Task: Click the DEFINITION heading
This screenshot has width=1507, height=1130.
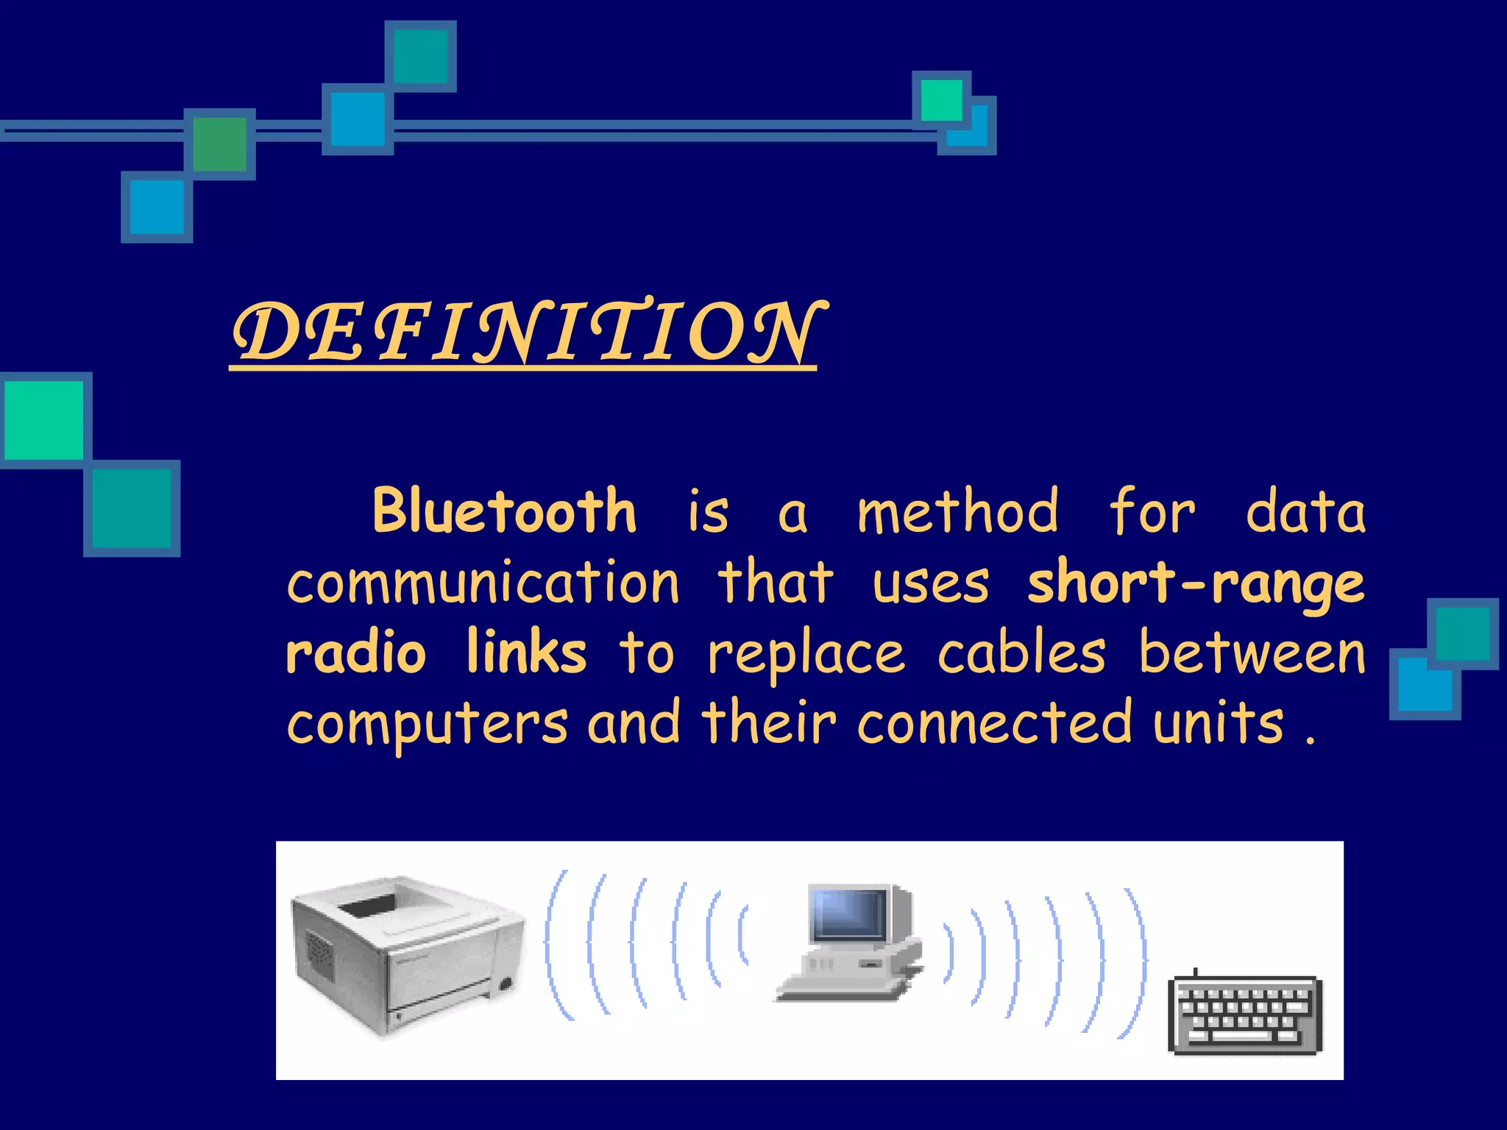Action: click(x=524, y=333)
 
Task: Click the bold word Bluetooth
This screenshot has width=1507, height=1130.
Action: click(x=504, y=511)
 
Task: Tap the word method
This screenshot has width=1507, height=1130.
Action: click(x=958, y=511)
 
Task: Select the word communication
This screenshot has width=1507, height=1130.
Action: click(x=483, y=582)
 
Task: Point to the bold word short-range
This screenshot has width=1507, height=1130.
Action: click(x=1196, y=582)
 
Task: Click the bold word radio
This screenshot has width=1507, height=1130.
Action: click(x=356, y=653)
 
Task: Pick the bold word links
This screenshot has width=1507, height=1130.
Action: click(x=526, y=653)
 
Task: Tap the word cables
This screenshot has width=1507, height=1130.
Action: click(x=1021, y=653)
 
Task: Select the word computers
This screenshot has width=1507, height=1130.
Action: click(x=428, y=722)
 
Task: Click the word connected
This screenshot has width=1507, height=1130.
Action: click(x=994, y=722)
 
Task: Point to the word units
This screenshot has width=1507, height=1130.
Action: click(x=1218, y=722)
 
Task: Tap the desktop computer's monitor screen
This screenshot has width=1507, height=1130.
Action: click(x=848, y=914)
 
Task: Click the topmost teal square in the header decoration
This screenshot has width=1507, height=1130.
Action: click(x=420, y=56)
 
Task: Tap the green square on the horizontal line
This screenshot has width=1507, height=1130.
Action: click(x=219, y=144)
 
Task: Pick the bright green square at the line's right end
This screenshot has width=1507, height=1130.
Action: click(x=941, y=99)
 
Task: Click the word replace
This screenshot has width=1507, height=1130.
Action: click(x=806, y=653)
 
